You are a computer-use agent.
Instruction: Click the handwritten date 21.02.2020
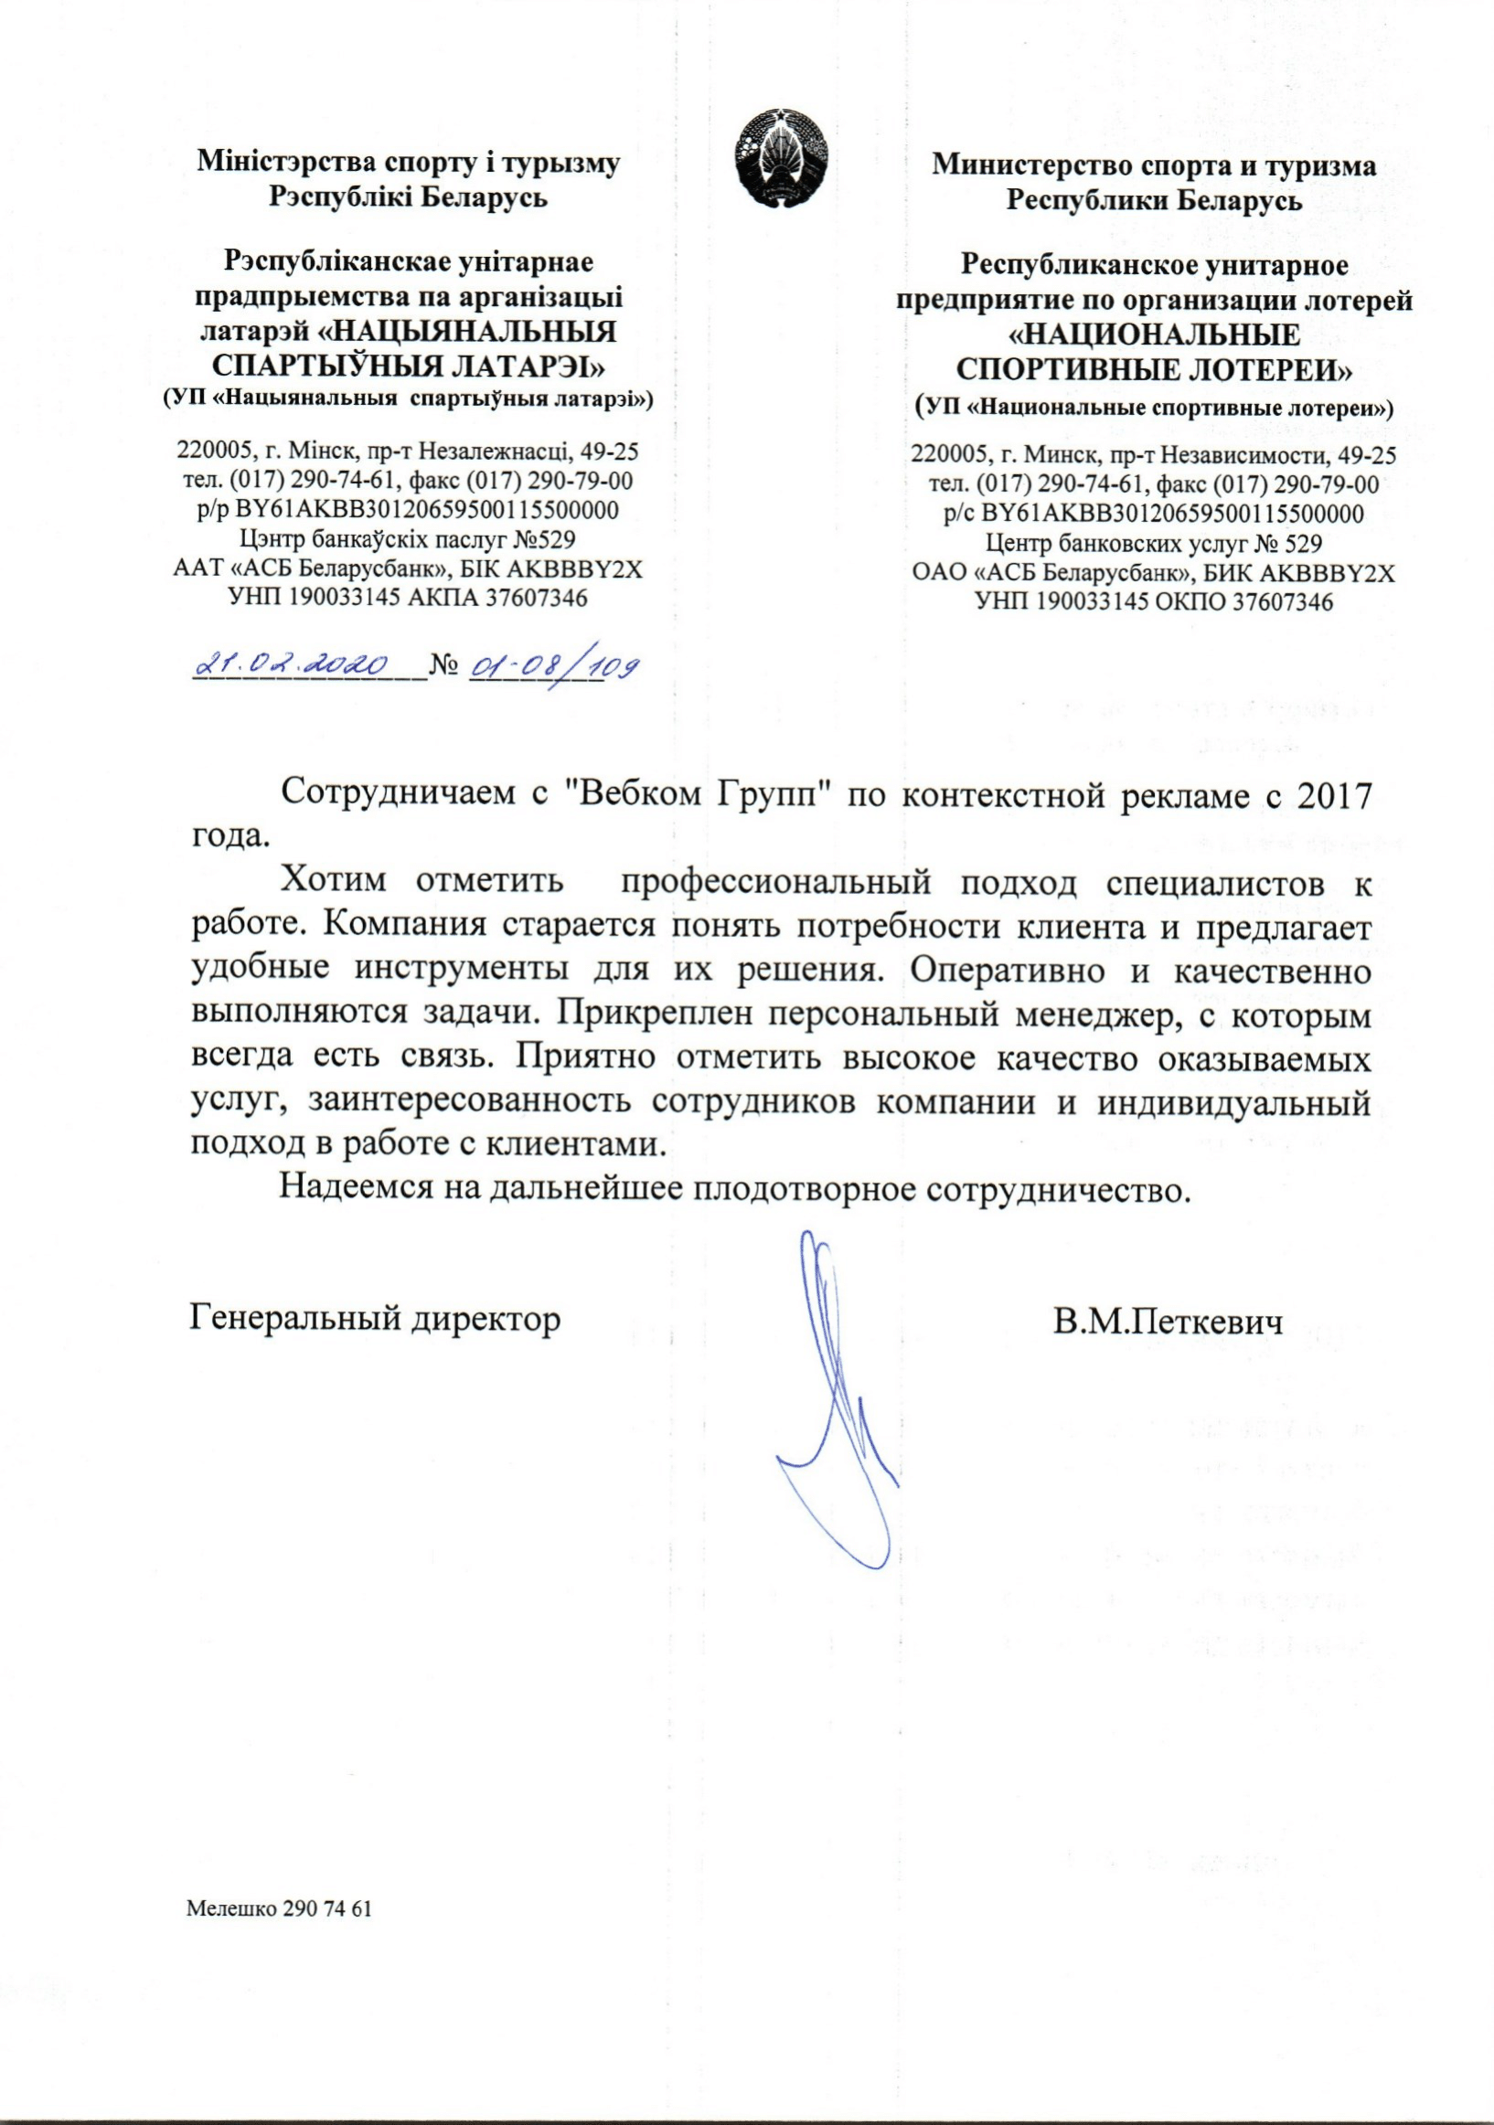coord(293,664)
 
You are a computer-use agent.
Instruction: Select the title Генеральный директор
coord(375,1318)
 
